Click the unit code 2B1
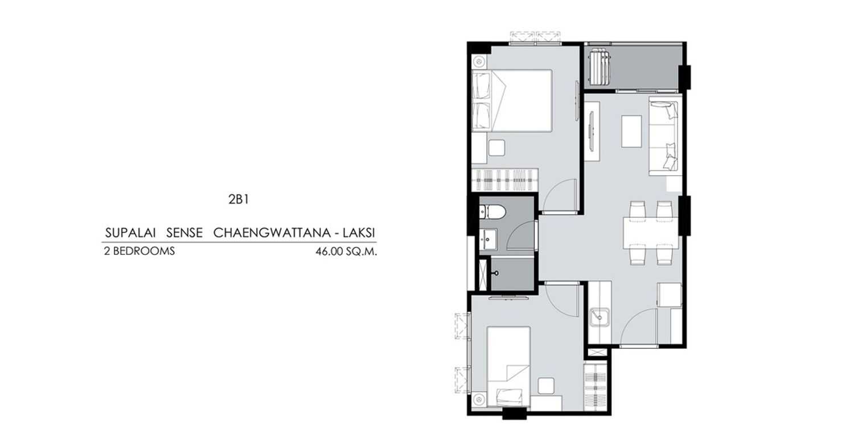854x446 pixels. [239, 199]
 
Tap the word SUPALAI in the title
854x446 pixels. [130, 233]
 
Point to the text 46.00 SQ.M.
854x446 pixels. [346, 252]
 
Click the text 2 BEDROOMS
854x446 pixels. [139, 251]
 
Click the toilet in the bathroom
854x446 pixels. [492, 212]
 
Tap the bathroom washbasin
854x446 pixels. [488, 239]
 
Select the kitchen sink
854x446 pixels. [600, 317]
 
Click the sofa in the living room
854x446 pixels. [666, 136]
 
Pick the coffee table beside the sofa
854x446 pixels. [632, 131]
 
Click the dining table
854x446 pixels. [650, 233]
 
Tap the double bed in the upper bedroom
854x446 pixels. [512, 101]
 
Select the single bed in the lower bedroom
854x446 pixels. [508, 368]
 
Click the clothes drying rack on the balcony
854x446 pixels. [600, 68]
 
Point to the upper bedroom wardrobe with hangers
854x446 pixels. [505, 180]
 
